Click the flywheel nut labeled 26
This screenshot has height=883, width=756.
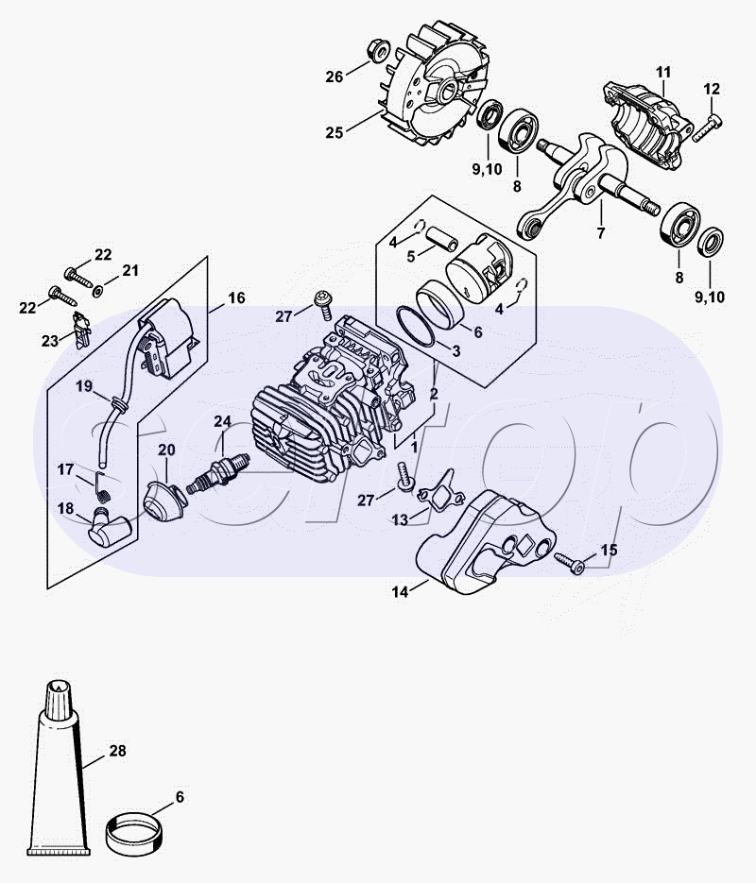click(378, 49)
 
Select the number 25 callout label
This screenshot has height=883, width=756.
click(335, 132)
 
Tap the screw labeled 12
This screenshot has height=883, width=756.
click(708, 127)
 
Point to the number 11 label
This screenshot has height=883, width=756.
click(663, 72)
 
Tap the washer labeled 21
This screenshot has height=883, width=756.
click(97, 291)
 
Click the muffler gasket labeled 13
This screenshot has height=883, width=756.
click(440, 489)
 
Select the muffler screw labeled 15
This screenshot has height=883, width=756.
click(569, 563)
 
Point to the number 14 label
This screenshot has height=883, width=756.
click(400, 592)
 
